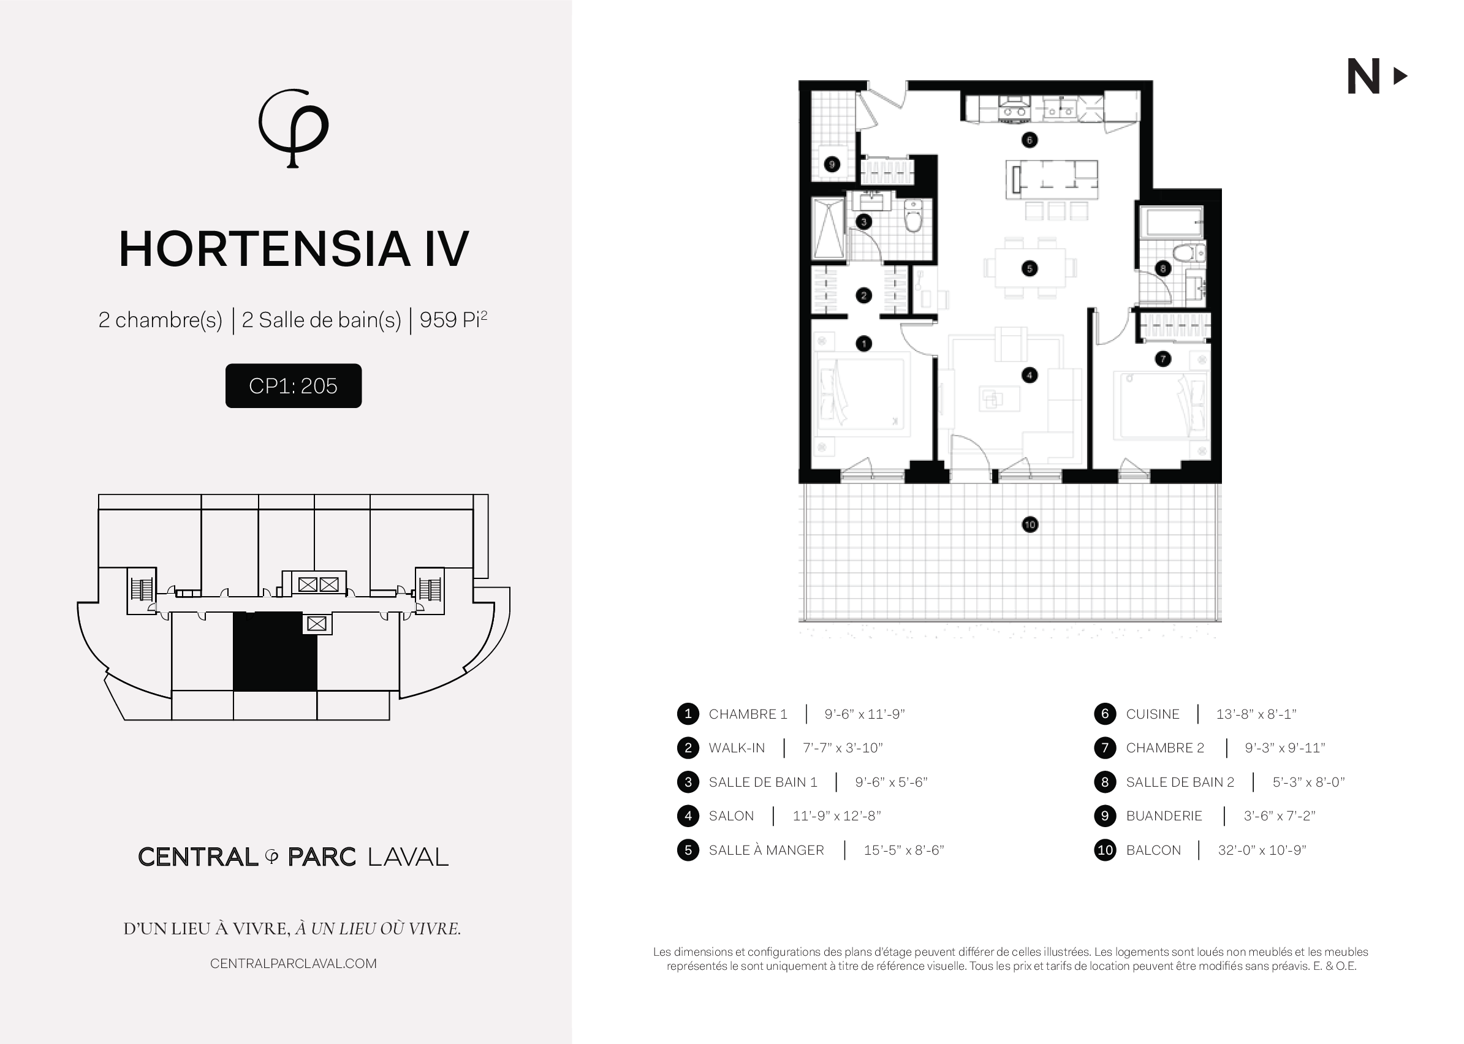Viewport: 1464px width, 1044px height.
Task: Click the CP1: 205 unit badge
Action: pyautogui.click(x=293, y=386)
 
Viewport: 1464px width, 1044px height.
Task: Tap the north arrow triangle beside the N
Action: pyautogui.click(x=1400, y=77)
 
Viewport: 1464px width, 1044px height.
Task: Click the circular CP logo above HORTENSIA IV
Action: pyautogui.click(x=293, y=128)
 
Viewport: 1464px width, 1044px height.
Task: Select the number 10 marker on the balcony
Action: pyautogui.click(x=1030, y=524)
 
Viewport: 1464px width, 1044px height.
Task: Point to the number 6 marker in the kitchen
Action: pyautogui.click(x=1030, y=140)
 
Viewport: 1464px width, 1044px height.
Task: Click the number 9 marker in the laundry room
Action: pyautogui.click(x=832, y=165)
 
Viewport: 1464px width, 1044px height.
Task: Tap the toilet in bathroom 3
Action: pyautogui.click(x=913, y=216)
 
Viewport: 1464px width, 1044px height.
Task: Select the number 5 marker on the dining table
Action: pyautogui.click(x=1030, y=269)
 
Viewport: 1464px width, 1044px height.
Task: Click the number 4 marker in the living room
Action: pyautogui.click(x=1030, y=376)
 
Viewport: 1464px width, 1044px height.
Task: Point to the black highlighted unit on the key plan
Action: pyautogui.click(x=275, y=651)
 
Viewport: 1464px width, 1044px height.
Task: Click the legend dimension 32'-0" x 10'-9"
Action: pyautogui.click(x=1262, y=850)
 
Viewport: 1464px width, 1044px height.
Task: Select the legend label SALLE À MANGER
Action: pyautogui.click(x=766, y=850)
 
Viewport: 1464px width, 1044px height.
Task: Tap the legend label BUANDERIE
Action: pyautogui.click(x=1164, y=816)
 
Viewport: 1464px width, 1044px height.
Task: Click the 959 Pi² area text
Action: pyautogui.click(x=453, y=319)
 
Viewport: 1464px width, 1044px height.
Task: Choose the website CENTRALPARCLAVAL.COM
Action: pyautogui.click(x=293, y=964)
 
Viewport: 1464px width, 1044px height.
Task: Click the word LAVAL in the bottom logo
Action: pyautogui.click(x=408, y=857)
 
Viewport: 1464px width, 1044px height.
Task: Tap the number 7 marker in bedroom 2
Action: pyautogui.click(x=1163, y=358)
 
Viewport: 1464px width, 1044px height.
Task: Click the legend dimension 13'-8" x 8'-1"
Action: pyautogui.click(x=1256, y=714)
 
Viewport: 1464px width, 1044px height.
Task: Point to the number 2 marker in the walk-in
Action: pyautogui.click(x=863, y=296)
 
